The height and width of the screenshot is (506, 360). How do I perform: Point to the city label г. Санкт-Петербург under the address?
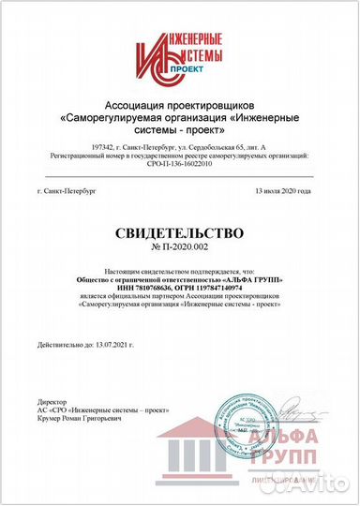click(x=67, y=191)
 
